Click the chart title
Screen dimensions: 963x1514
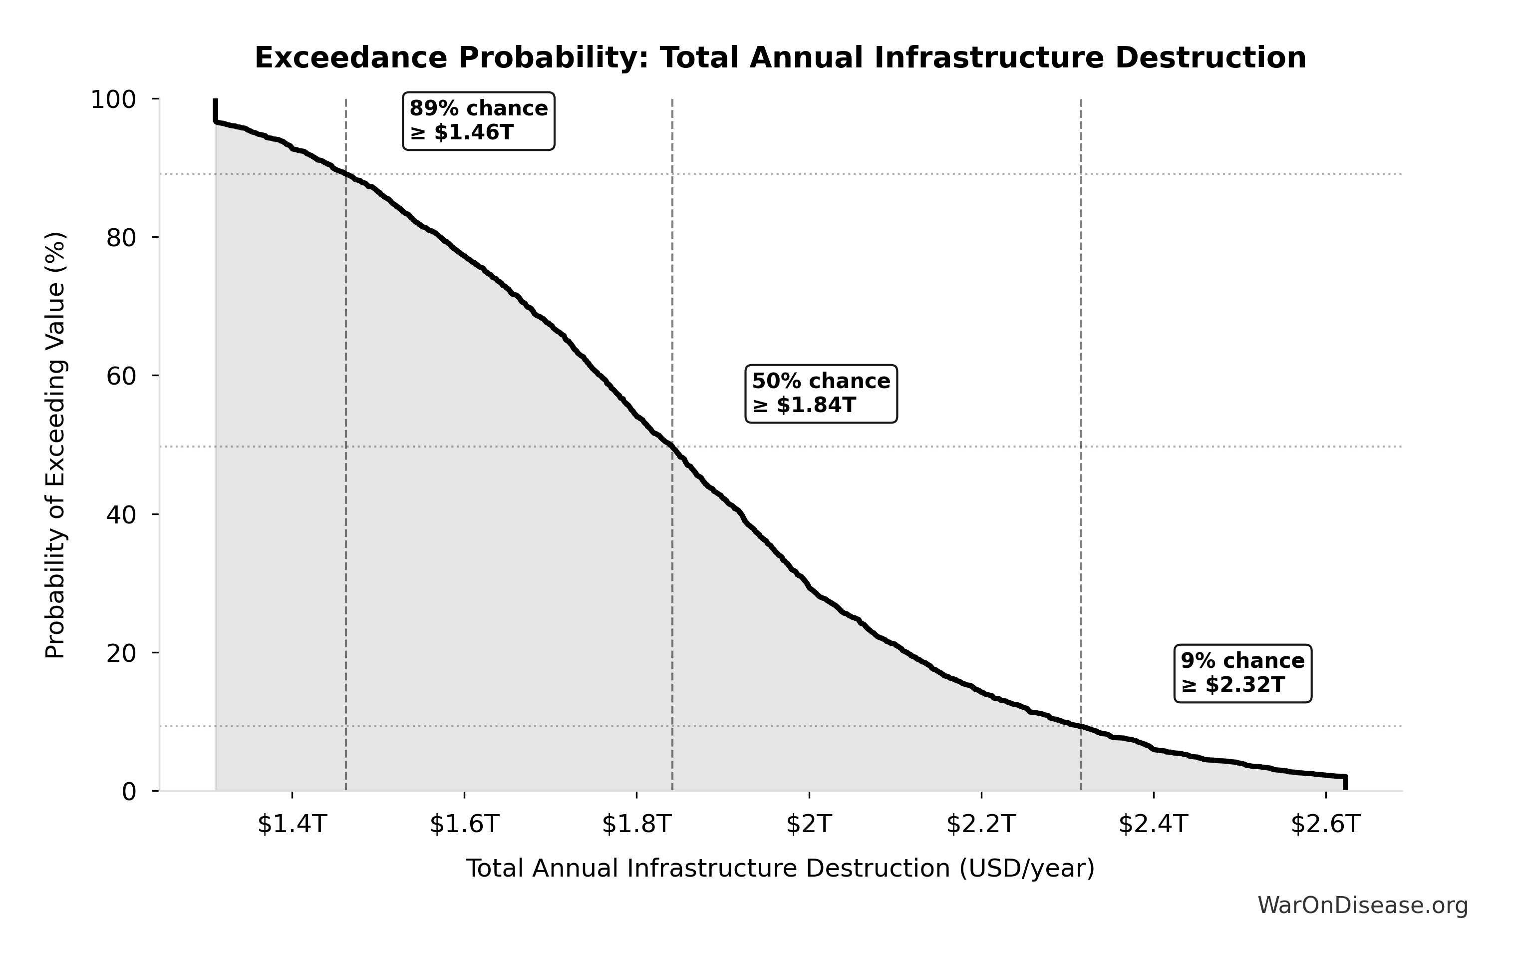click(780, 58)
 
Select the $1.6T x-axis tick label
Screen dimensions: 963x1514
click(464, 824)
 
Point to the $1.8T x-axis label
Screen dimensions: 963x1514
click(637, 824)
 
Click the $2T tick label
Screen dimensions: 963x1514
click(809, 824)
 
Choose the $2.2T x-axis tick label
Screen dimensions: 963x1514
click(981, 824)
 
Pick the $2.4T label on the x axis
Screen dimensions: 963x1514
click(1153, 824)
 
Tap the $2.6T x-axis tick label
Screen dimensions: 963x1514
click(1325, 824)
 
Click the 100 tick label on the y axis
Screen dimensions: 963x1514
click(113, 99)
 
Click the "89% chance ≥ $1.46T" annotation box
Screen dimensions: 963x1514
click(479, 121)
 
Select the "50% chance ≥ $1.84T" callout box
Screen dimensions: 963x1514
click(821, 394)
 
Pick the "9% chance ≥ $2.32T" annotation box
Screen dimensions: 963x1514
click(1242, 673)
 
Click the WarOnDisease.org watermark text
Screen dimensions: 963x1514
click(1362, 906)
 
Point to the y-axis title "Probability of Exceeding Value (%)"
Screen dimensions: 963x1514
click(55, 446)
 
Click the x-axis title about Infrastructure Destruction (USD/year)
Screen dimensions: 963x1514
click(780, 869)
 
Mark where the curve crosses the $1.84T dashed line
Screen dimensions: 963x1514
click(672, 447)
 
